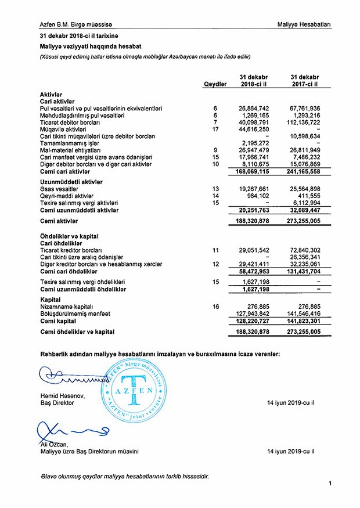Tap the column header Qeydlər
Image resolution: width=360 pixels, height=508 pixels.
[x=214, y=84]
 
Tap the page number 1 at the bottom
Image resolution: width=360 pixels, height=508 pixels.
[x=329, y=483]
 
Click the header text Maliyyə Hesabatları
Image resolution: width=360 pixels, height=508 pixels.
[x=304, y=24]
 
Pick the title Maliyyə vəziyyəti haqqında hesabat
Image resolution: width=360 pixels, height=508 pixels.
[x=91, y=46]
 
